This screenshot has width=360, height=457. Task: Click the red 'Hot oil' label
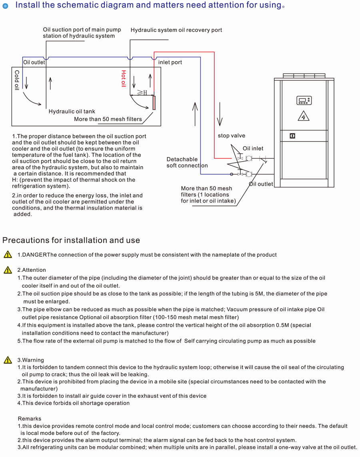pyautogui.click(x=124, y=79)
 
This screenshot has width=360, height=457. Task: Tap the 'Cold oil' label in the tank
pyautogui.click(x=17, y=80)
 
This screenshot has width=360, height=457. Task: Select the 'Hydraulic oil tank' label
pyautogui.click(x=72, y=112)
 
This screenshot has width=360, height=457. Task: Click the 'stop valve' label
pyautogui.click(x=232, y=136)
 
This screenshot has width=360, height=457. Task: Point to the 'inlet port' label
pyautogui.click(x=170, y=62)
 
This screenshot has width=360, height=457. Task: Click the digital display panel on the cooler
pyautogui.click(x=304, y=100)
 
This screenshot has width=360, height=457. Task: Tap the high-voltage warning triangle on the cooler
pyautogui.click(x=304, y=116)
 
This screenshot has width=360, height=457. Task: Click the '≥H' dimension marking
pyautogui.click(x=142, y=93)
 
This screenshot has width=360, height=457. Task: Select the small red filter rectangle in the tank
pyautogui.click(x=154, y=103)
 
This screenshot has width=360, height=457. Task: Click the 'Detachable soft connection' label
pyautogui.click(x=187, y=162)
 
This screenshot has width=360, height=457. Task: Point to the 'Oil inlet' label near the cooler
pyautogui.click(x=253, y=149)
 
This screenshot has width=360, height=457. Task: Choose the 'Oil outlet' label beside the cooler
pyautogui.click(x=261, y=184)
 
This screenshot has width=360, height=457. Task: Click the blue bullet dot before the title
pyautogui.click(x=5, y=6)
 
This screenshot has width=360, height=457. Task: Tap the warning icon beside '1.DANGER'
pyautogui.click(x=8, y=255)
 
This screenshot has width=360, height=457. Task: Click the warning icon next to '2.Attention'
pyautogui.click(x=8, y=270)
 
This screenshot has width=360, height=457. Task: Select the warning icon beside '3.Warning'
pyautogui.click(x=8, y=360)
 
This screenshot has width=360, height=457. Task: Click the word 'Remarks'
pyautogui.click(x=29, y=419)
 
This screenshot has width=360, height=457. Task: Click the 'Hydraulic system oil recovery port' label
pyautogui.click(x=176, y=30)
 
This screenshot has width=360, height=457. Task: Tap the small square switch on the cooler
pyautogui.click(x=292, y=136)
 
